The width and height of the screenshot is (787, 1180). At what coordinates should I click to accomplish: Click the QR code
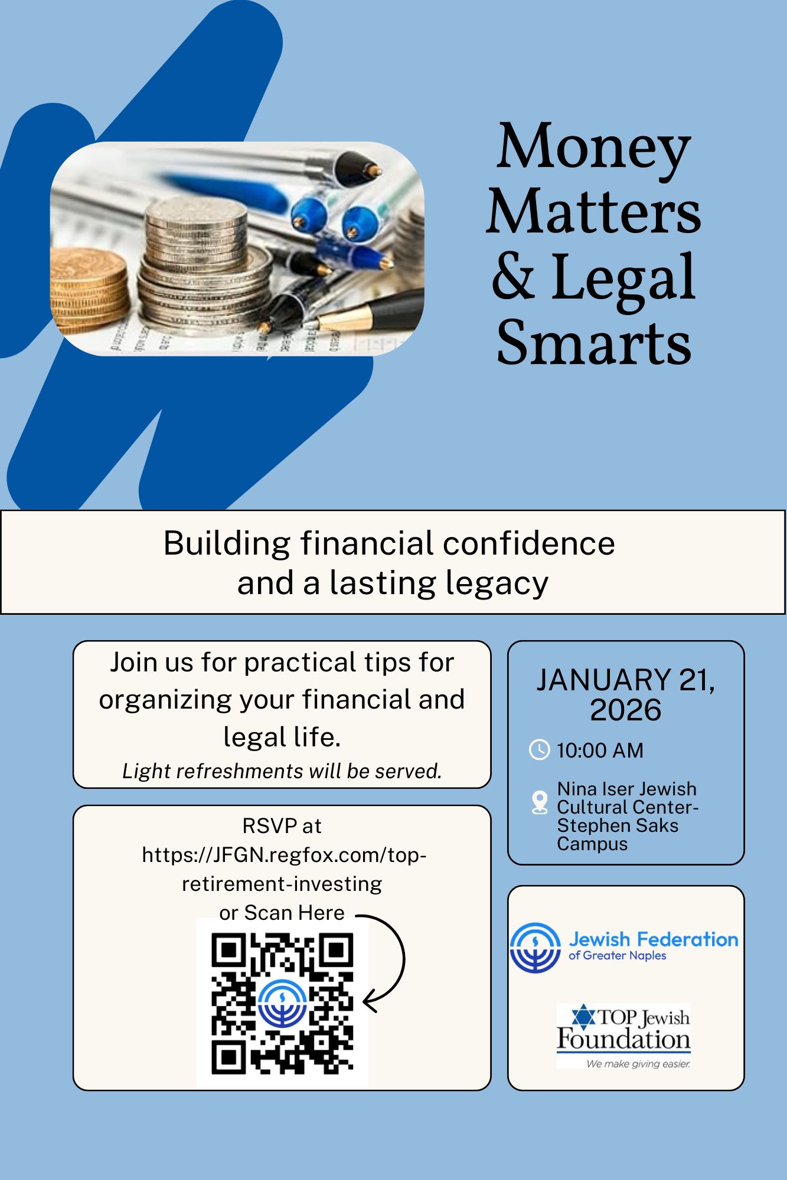pyautogui.click(x=282, y=1003)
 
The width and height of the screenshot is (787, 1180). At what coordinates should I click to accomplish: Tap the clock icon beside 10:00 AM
pyautogui.click(x=539, y=749)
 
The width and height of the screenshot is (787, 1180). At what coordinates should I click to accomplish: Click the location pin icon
pyautogui.click(x=539, y=802)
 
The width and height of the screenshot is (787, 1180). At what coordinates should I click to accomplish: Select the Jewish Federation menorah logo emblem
pyautogui.click(x=535, y=948)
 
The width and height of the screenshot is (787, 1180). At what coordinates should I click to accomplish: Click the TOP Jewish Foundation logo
pyautogui.click(x=623, y=1036)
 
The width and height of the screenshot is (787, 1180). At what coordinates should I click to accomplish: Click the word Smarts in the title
pyautogui.click(x=594, y=342)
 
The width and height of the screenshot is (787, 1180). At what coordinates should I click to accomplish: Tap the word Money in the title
pyautogui.click(x=594, y=147)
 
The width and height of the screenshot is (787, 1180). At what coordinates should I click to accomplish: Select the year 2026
pyautogui.click(x=625, y=710)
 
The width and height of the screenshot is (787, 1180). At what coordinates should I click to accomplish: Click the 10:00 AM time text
pyautogui.click(x=600, y=750)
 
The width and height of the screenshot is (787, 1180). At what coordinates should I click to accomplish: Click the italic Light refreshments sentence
pyautogui.click(x=282, y=771)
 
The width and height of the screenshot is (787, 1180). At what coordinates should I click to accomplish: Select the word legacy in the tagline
pyautogui.click(x=497, y=584)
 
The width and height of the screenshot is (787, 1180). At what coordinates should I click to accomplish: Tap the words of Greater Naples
pyautogui.click(x=617, y=955)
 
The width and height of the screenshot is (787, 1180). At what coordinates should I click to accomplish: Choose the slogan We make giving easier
pyautogui.click(x=638, y=1064)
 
